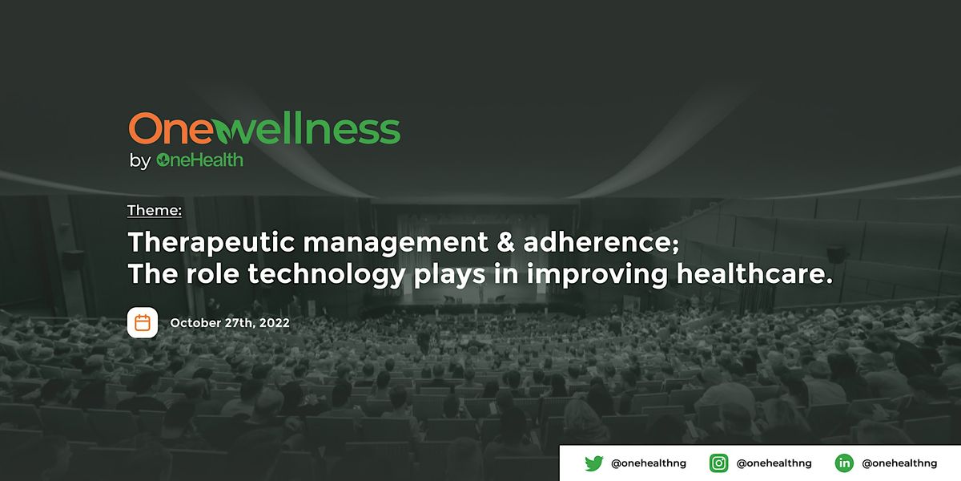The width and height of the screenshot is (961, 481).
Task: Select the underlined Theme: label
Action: click(x=155, y=211)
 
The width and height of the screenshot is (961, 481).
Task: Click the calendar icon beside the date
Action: click(x=143, y=323)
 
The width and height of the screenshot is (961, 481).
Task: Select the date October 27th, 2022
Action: click(x=230, y=324)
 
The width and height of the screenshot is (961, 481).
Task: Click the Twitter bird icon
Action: click(x=593, y=463)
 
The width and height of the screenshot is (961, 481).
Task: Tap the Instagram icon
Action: click(x=718, y=463)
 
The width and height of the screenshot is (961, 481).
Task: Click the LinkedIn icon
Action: click(x=844, y=463)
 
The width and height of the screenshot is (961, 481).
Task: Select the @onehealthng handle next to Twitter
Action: click(x=649, y=463)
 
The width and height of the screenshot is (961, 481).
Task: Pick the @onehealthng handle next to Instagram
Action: click(x=774, y=463)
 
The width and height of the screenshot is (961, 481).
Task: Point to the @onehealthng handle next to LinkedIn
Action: click(x=899, y=463)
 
